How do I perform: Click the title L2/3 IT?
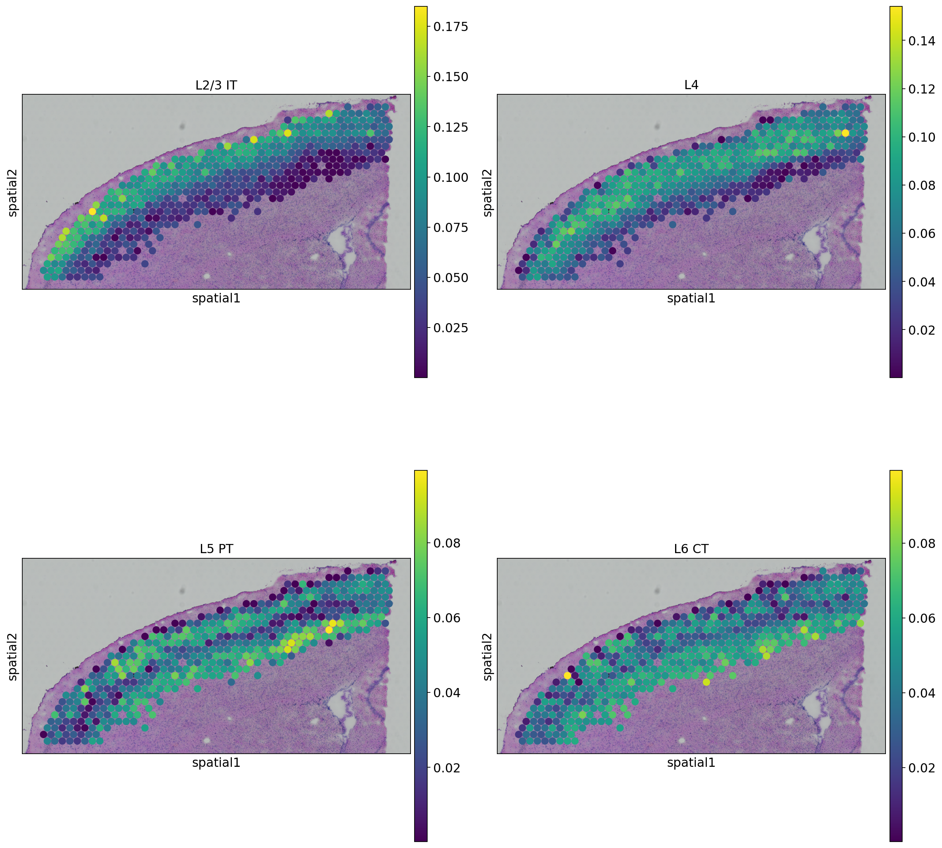216,85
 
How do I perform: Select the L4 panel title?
691,85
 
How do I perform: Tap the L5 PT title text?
216,549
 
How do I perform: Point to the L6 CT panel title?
691,549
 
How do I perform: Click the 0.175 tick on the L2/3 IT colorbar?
450,27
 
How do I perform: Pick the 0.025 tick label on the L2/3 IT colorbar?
450,328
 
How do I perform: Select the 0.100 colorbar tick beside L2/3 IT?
450,177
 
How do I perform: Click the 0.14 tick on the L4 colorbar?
921,41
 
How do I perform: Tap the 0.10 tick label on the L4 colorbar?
921,137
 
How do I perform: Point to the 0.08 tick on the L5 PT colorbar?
446,543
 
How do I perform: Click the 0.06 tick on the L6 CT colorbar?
921,618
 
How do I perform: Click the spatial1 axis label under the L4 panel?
691,298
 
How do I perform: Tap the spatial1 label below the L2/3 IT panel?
216,298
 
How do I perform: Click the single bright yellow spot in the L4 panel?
845,133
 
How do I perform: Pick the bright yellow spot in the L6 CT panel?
567,675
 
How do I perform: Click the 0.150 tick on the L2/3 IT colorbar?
450,77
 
